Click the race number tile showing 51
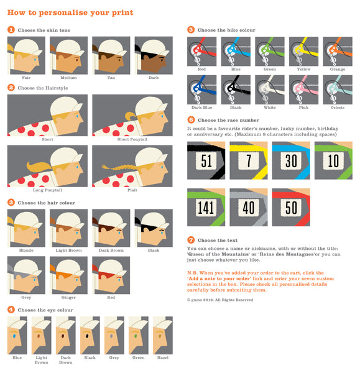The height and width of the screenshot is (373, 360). pos(206,160)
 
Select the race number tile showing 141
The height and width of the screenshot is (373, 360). pos(206,207)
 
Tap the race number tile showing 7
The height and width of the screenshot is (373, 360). pos(248,160)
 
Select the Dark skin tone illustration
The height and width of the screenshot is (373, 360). pos(153,55)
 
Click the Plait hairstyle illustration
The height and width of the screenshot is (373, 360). pos(129,165)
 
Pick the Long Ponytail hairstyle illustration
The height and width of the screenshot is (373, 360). pos(47,165)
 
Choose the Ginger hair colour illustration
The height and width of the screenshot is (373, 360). pos(68,274)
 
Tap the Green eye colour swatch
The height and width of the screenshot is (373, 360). pos(138,335)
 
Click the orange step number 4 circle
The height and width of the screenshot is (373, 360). pos(11,309)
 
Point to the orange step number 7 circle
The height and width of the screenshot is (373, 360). pos(191,239)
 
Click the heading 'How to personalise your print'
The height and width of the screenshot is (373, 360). pos(70,12)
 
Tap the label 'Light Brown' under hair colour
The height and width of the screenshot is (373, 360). pos(68,251)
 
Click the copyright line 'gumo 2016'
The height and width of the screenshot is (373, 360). pos(220,300)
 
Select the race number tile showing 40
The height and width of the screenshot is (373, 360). pos(248,207)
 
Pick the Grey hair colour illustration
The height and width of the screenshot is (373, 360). pos(25,274)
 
